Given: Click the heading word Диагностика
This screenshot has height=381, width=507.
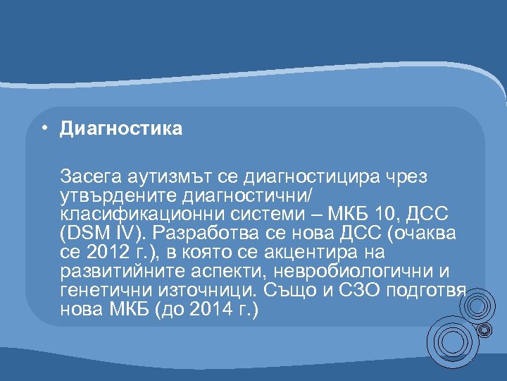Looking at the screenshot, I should tap(121, 128).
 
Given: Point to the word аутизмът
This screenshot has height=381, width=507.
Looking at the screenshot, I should tap(157, 174).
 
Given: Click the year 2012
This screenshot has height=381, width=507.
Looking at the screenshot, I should tap(102, 252).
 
